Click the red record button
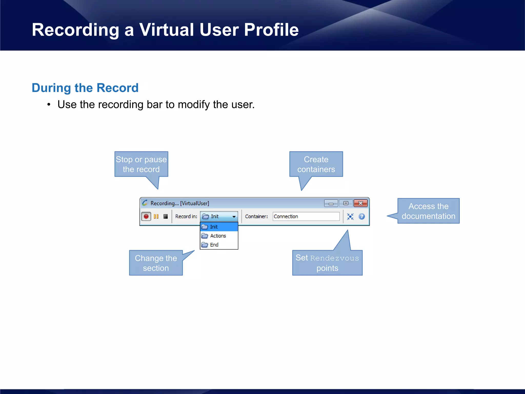pyautogui.click(x=146, y=216)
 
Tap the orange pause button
pyautogui.click(x=156, y=216)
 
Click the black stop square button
pyautogui.click(x=166, y=216)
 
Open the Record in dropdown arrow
pyautogui.click(x=234, y=217)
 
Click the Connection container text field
pyautogui.click(x=306, y=216)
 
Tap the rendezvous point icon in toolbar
pyautogui.click(x=350, y=217)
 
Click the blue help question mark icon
pyautogui.click(x=362, y=217)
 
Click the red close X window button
pyautogui.click(x=360, y=203)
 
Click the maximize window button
pyautogui.click(x=346, y=203)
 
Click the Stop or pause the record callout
pyautogui.click(x=141, y=164)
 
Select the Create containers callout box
pyautogui.click(x=316, y=164)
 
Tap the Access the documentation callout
pyautogui.click(x=428, y=211)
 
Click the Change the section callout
pyautogui.click(x=156, y=263)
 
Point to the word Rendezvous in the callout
pyautogui.click(x=335, y=258)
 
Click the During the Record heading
pyautogui.click(x=85, y=88)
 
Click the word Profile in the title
pyautogui.click(x=271, y=30)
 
